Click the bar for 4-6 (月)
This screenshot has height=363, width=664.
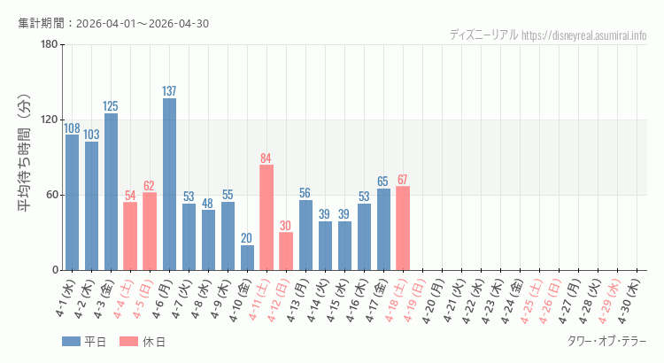point(169,184)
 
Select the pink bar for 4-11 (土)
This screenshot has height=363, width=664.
point(266,217)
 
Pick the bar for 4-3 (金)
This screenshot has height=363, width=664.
point(111,191)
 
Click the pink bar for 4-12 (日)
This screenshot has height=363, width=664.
point(286,251)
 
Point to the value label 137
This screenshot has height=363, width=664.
point(169,91)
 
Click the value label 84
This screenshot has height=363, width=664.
point(266,158)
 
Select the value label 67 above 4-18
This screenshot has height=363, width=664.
point(403,180)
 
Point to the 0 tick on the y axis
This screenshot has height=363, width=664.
point(54,270)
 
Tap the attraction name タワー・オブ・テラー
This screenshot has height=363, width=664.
point(606,341)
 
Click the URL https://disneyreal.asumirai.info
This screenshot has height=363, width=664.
point(583,35)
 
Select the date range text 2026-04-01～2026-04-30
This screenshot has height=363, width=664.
point(143,23)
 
